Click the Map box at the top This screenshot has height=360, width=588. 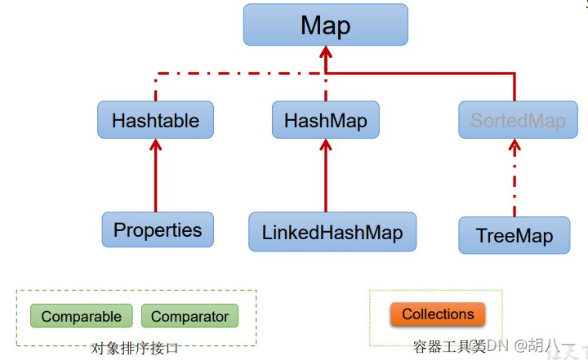[x=325, y=25]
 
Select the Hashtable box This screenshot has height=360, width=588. [x=155, y=120]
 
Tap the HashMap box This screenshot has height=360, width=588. [x=325, y=120]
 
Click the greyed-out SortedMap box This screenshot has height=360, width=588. [x=518, y=121]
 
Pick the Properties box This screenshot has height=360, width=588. [x=158, y=229]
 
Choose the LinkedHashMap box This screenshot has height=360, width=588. [x=332, y=232]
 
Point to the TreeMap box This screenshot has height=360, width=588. [x=514, y=236]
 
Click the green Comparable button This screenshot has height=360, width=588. [x=81, y=316]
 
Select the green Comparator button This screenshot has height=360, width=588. [x=189, y=316]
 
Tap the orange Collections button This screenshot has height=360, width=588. [x=438, y=314]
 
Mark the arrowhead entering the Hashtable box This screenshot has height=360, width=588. [x=155, y=146]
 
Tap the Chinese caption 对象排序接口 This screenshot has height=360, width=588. [x=135, y=348]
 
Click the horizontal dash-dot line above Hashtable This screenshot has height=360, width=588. [x=237, y=73]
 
